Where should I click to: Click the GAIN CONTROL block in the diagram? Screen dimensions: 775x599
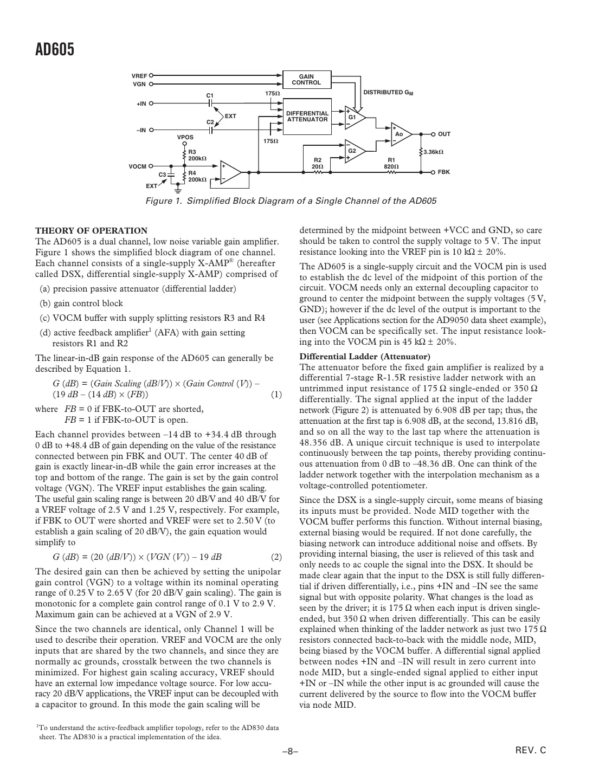(306, 80)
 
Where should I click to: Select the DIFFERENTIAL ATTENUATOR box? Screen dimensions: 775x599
(307, 116)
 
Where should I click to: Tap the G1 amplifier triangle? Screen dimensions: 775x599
(354, 117)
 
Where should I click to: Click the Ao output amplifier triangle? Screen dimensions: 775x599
(401, 133)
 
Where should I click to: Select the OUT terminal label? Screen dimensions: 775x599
(444, 134)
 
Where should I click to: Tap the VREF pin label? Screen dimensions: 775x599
(139, 76)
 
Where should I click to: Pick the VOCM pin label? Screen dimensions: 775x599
(137, 166)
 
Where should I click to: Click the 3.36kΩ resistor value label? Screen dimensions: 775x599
(433, 152)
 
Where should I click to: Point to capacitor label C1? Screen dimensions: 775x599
(210, 95)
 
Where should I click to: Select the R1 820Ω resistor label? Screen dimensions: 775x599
(391, 163)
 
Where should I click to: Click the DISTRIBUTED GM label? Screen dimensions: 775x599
(388, 93)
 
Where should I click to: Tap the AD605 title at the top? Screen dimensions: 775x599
(55, 50)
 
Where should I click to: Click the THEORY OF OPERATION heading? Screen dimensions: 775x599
(91, 230)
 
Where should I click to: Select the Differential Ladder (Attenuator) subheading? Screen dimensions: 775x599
(365, 357)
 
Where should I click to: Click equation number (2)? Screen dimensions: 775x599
(276, 557)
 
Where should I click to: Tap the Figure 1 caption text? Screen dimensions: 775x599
(291, 201)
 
